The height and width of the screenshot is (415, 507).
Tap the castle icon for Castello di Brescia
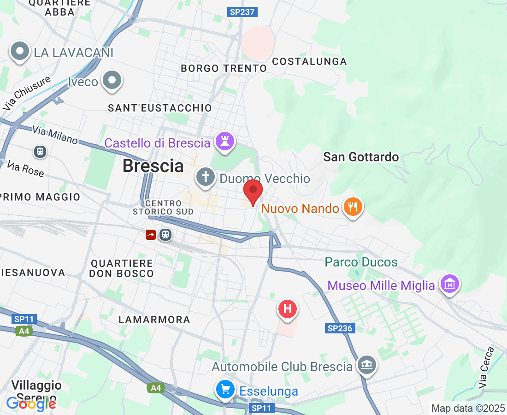224,142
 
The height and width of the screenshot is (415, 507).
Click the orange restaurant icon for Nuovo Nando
353,207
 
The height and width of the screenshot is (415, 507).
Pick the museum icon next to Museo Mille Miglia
450,285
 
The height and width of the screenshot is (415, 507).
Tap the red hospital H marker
288,308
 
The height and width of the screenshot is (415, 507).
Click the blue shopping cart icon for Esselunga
225,390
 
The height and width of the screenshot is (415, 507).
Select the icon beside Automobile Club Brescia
367,366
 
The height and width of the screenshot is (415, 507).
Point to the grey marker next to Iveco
112,81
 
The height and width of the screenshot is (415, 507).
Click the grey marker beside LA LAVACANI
20,52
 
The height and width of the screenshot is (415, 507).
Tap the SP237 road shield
242,12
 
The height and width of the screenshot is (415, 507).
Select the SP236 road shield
340,328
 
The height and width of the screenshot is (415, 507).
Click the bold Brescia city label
153,166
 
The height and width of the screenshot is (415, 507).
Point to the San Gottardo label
361,157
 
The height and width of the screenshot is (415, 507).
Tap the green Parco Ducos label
361,262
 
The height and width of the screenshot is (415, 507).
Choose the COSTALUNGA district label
309,61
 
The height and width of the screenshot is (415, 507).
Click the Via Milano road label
55,135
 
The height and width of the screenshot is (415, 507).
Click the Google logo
31,404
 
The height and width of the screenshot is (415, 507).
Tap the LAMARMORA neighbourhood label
154,320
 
